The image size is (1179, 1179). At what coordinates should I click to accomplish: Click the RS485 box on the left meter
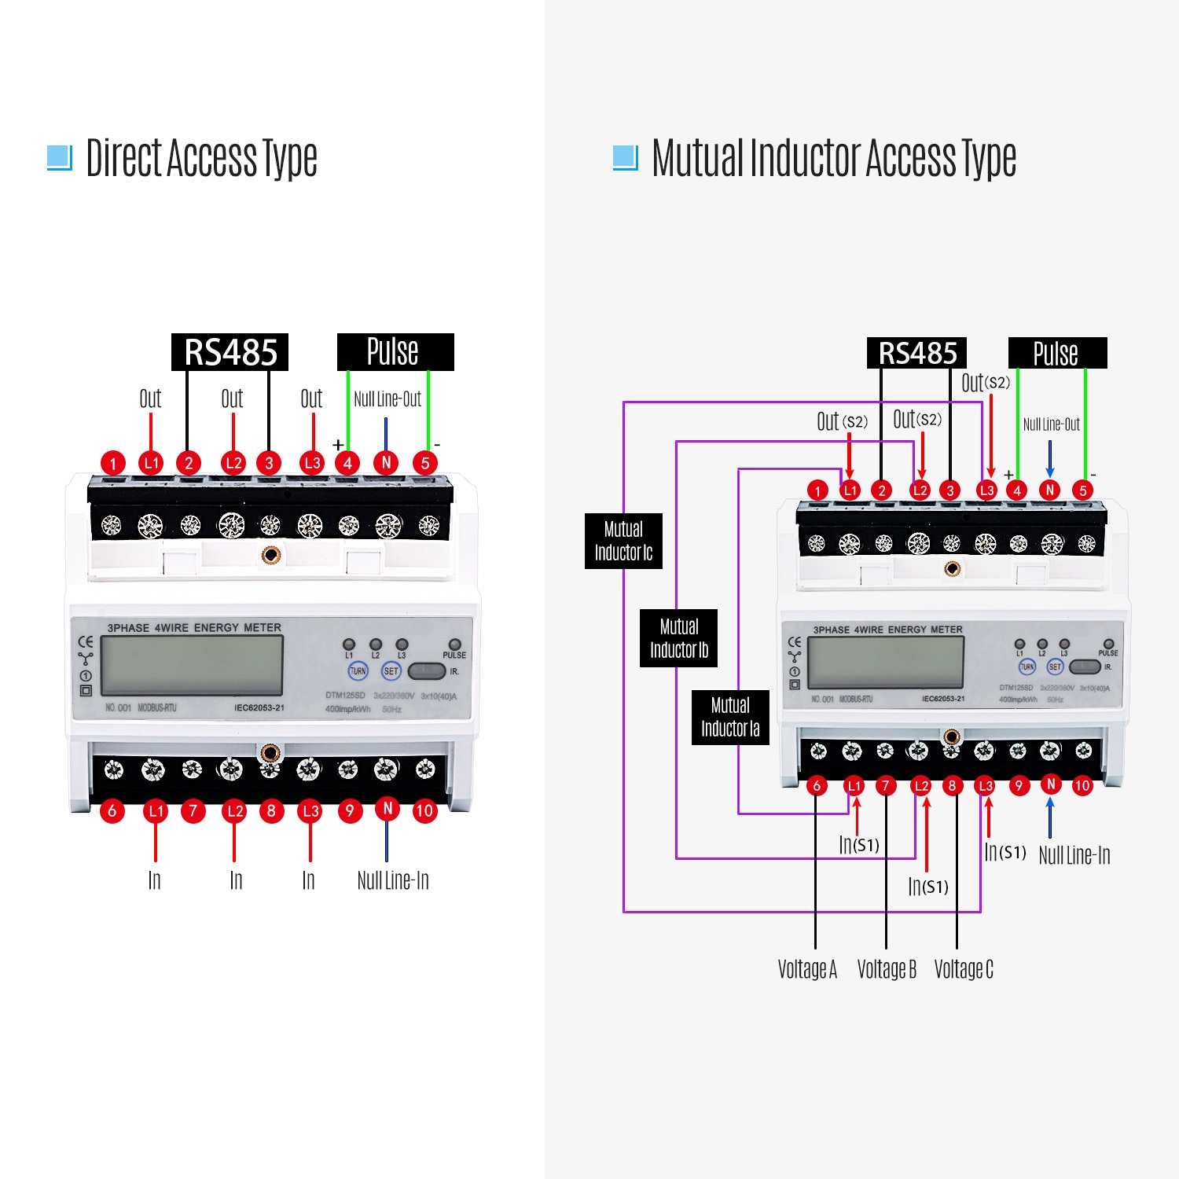(230, 352)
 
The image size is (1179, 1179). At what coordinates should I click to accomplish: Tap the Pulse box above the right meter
(1057, 353)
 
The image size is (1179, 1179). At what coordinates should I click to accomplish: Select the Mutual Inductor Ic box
(623, 541)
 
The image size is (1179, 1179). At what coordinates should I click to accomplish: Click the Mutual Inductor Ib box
(678, 638)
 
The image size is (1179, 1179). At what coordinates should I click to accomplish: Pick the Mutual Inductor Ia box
(730, 717)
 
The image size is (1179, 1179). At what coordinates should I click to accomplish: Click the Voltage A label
(807, 969)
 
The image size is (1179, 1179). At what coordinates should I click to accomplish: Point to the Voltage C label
(964, 969)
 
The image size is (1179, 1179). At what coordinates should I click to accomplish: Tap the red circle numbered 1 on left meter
(113, 463)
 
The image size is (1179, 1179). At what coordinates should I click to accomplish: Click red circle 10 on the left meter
(424, 810)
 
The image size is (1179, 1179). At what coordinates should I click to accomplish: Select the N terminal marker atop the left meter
(386, 462)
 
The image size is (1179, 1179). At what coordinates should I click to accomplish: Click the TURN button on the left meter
(358, 671)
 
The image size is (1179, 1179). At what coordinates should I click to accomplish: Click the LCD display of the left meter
(193, 665)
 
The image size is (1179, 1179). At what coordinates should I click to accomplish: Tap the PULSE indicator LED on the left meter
(454, 645)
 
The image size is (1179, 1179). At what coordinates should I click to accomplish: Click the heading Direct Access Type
(201, 159)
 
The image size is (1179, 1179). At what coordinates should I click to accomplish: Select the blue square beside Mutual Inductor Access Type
(625, 157)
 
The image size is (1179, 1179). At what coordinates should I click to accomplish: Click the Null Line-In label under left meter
(393, 880)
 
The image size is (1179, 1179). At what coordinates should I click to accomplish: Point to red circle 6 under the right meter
(817, 785)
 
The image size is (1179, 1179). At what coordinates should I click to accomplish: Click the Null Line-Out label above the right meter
(1051, 424)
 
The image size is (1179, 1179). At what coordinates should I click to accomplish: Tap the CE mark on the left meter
(86, 642)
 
